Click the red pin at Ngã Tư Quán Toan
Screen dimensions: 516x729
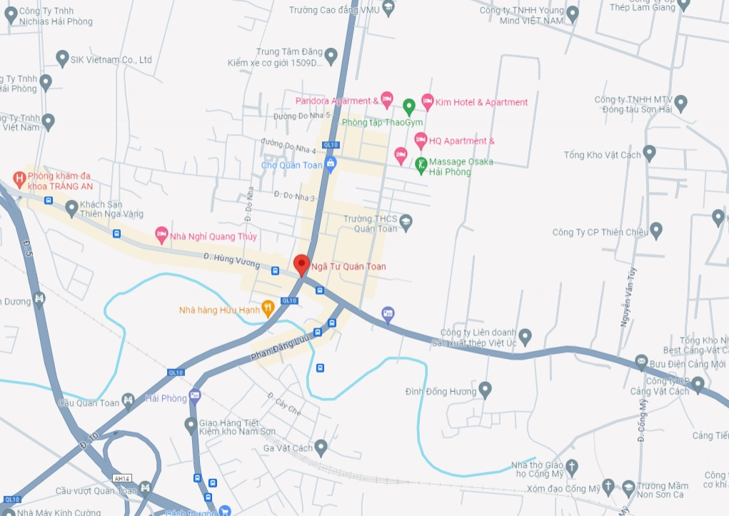click(x=301, y=264)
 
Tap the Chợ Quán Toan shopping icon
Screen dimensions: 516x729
click(x=330, y=165)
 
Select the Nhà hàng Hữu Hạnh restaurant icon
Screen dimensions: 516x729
click(x=268, y=308)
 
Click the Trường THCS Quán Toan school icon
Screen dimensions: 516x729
click(x=406, y=221)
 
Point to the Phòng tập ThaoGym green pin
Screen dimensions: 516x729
click(x=409, y=106)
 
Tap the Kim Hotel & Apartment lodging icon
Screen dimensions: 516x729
click(x=427, y=101)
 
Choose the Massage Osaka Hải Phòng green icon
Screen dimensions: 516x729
click(x=421, y=164)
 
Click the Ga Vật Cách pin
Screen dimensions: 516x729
click(x=321, y=447)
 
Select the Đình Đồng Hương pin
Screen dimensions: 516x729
click(x=485, y=390)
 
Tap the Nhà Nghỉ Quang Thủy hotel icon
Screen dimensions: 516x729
click(x=162, y=234)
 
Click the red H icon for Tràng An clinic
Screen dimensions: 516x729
click(x=20, y=176)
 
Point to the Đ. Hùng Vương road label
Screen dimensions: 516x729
click(x=232, y=260)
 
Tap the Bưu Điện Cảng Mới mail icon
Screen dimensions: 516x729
click(x=640, y=363)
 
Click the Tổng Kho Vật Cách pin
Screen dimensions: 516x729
click(x=649, y=153)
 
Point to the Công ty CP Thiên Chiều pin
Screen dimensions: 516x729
click(x=656, y=230)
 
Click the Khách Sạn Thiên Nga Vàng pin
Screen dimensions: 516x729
click(x=71, y=208)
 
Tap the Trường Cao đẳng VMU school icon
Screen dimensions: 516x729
click(x=388, y=9)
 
